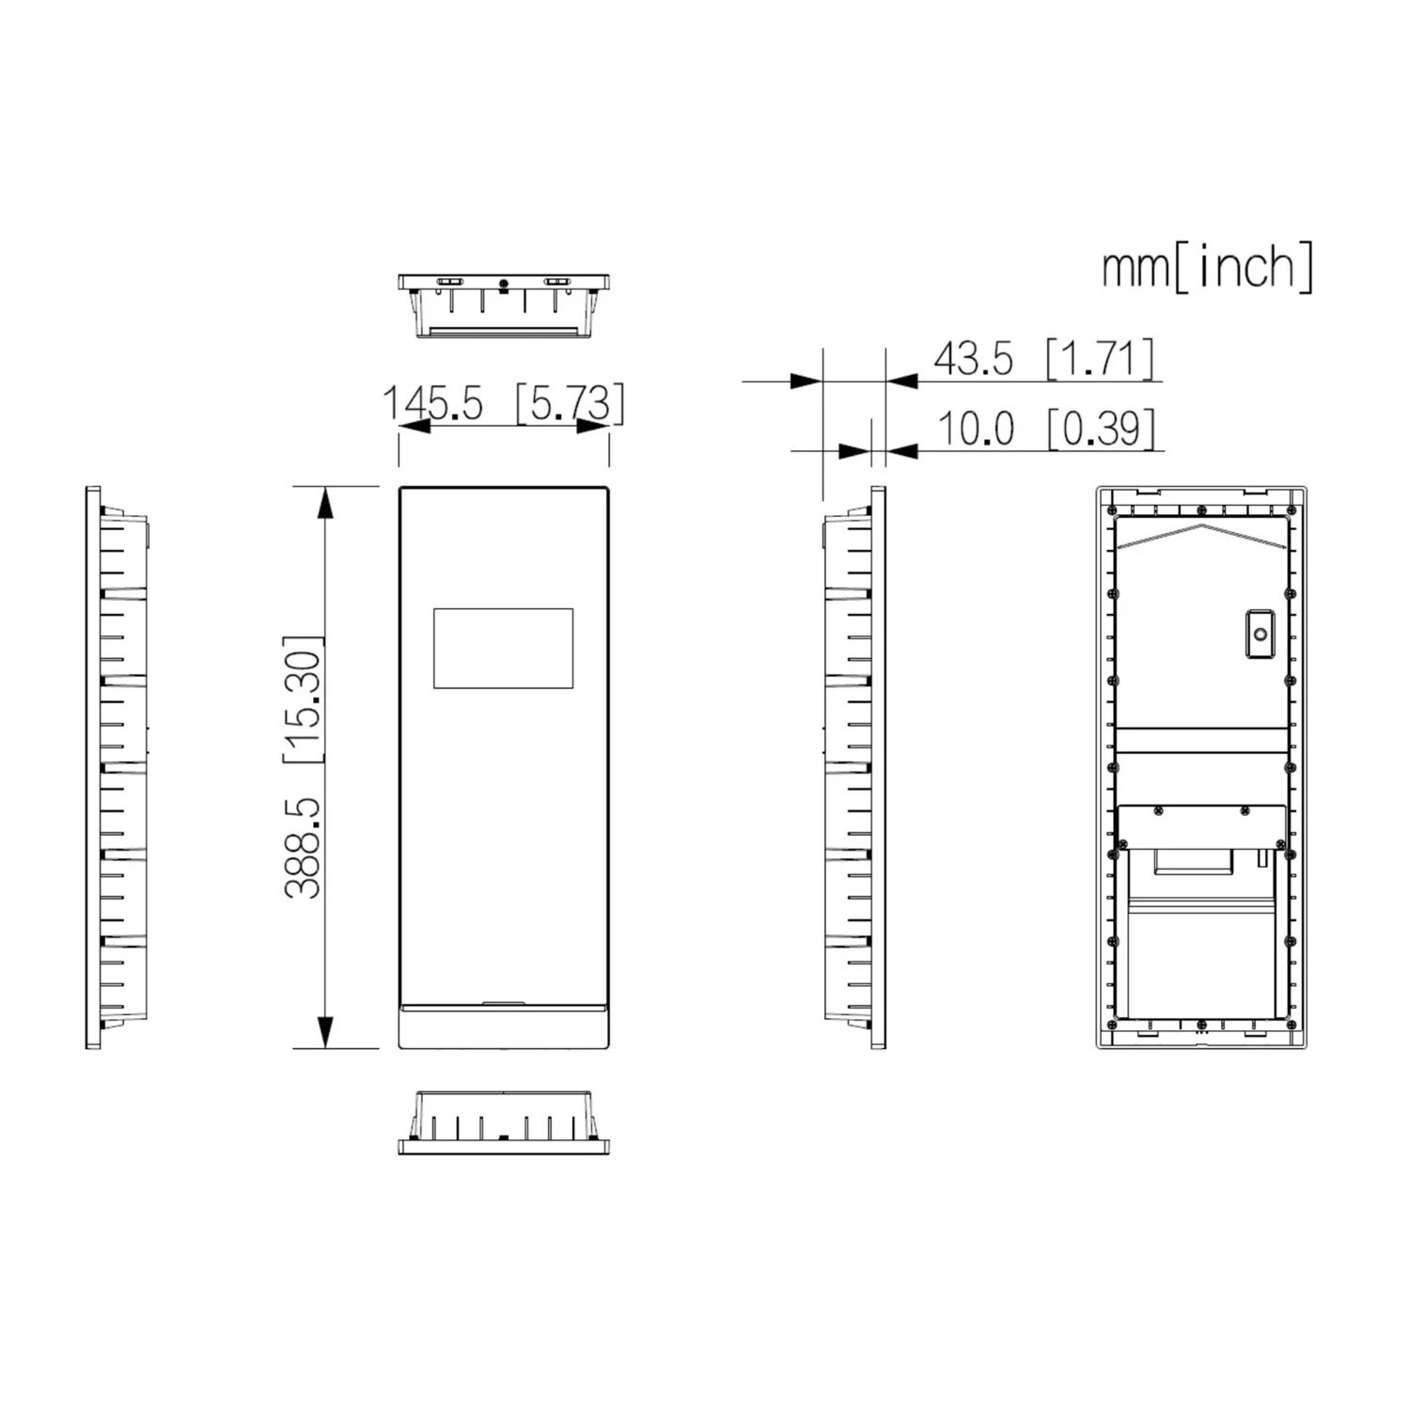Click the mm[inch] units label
pyautogui.click(x=1208, y=267)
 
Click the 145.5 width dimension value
pyautogui.click(x=432, y=403)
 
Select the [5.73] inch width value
pyautogui.click(x=570, y=403)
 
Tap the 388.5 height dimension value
pyautogui.click(x=304, y=848)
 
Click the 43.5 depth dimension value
pyautogui.click(x=974, y=359)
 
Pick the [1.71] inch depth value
pyautogui.click(x=1100, y=358)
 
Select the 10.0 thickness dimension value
pyautogui.click(x=976, y=429)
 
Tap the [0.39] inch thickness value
pyautogui.click(x=1100, y=429)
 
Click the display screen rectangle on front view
pyautogui.click(x=504, y=648)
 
